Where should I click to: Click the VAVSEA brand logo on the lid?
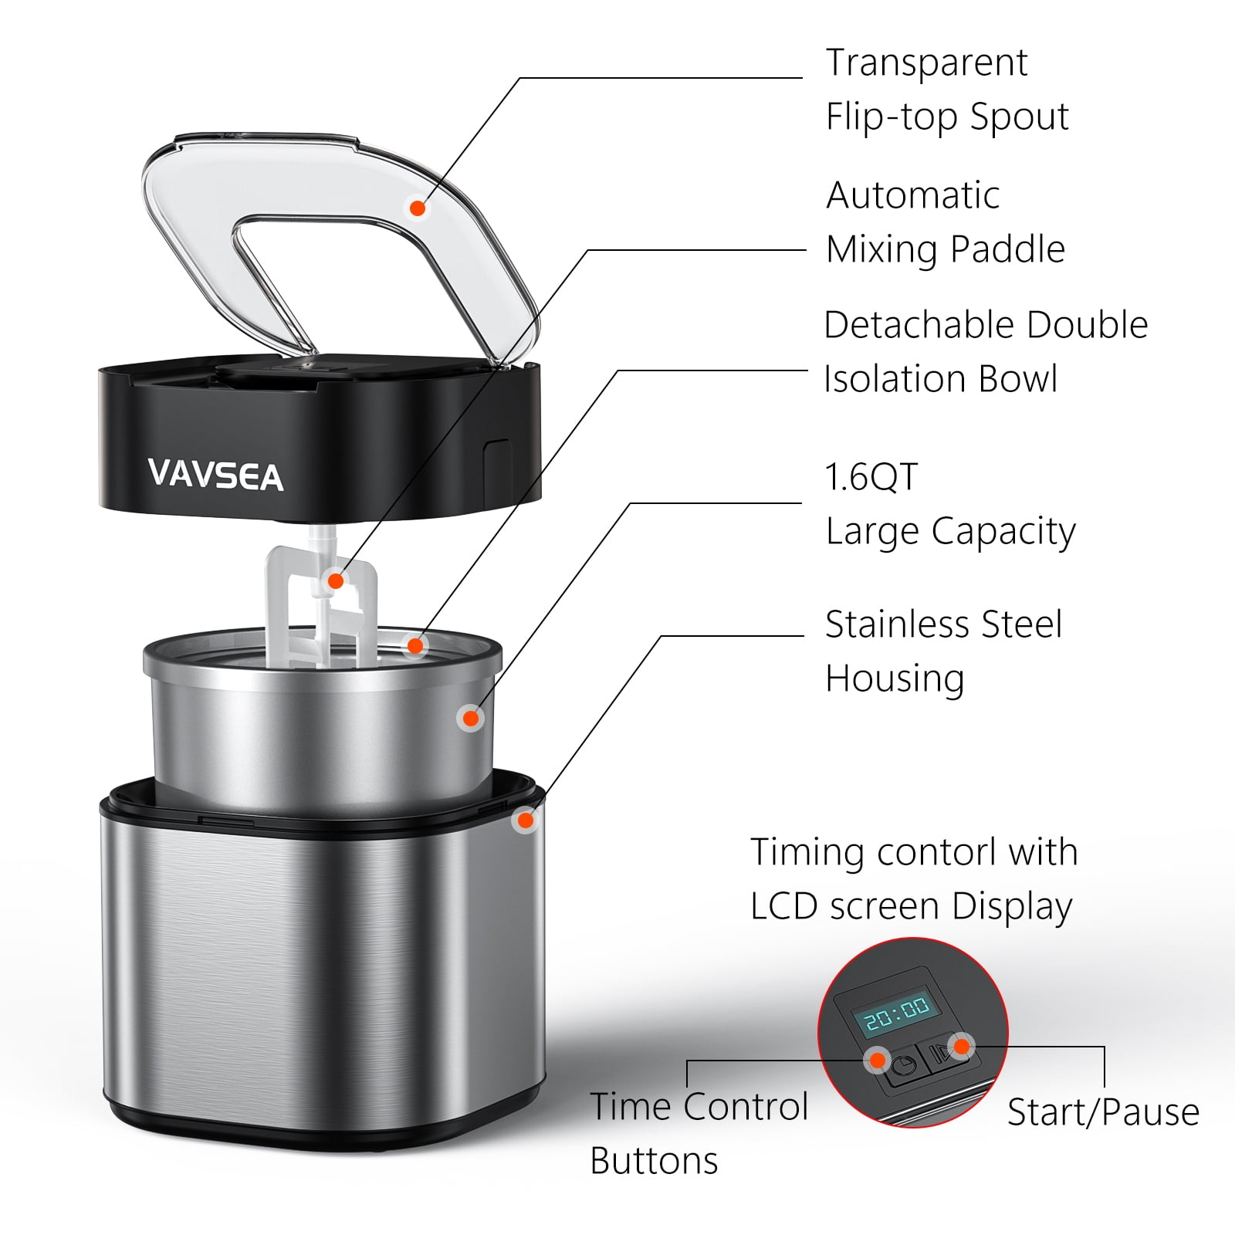pyautogui.click(x=215, y=475)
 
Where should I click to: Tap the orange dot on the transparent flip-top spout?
pyautogui.click(x=418, y=208)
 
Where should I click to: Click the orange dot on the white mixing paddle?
pyautogui.click(x=336, y=580)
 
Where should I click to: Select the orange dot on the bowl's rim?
pyautogui.click(x=415, y=645)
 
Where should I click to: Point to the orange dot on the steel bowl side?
pyautogui.click(x=470, y=719)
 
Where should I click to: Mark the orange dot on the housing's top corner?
pyautogui.click(x=526, y=821)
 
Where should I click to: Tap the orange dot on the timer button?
pyautogui.click(x=877, y=1061)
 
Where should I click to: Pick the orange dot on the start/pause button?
pyautogui.click(x=962, y=1047)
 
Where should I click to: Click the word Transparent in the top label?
pyautogui.click(x=926, y=63)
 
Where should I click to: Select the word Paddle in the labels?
pyautogui.click(x=1007, y=249)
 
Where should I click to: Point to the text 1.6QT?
pyautogui.click(x=871, y=477)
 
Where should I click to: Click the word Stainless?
pyautogui.click(x=943, y=624)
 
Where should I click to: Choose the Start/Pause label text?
pyautogui.click(x=1103, y=1113)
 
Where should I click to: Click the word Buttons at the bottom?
pyautogui.click(x=654, y=1161)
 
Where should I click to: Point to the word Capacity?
pyautogui.click(x=1003, y=533)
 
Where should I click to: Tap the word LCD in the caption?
pyautogui.click(x=784, y=906)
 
